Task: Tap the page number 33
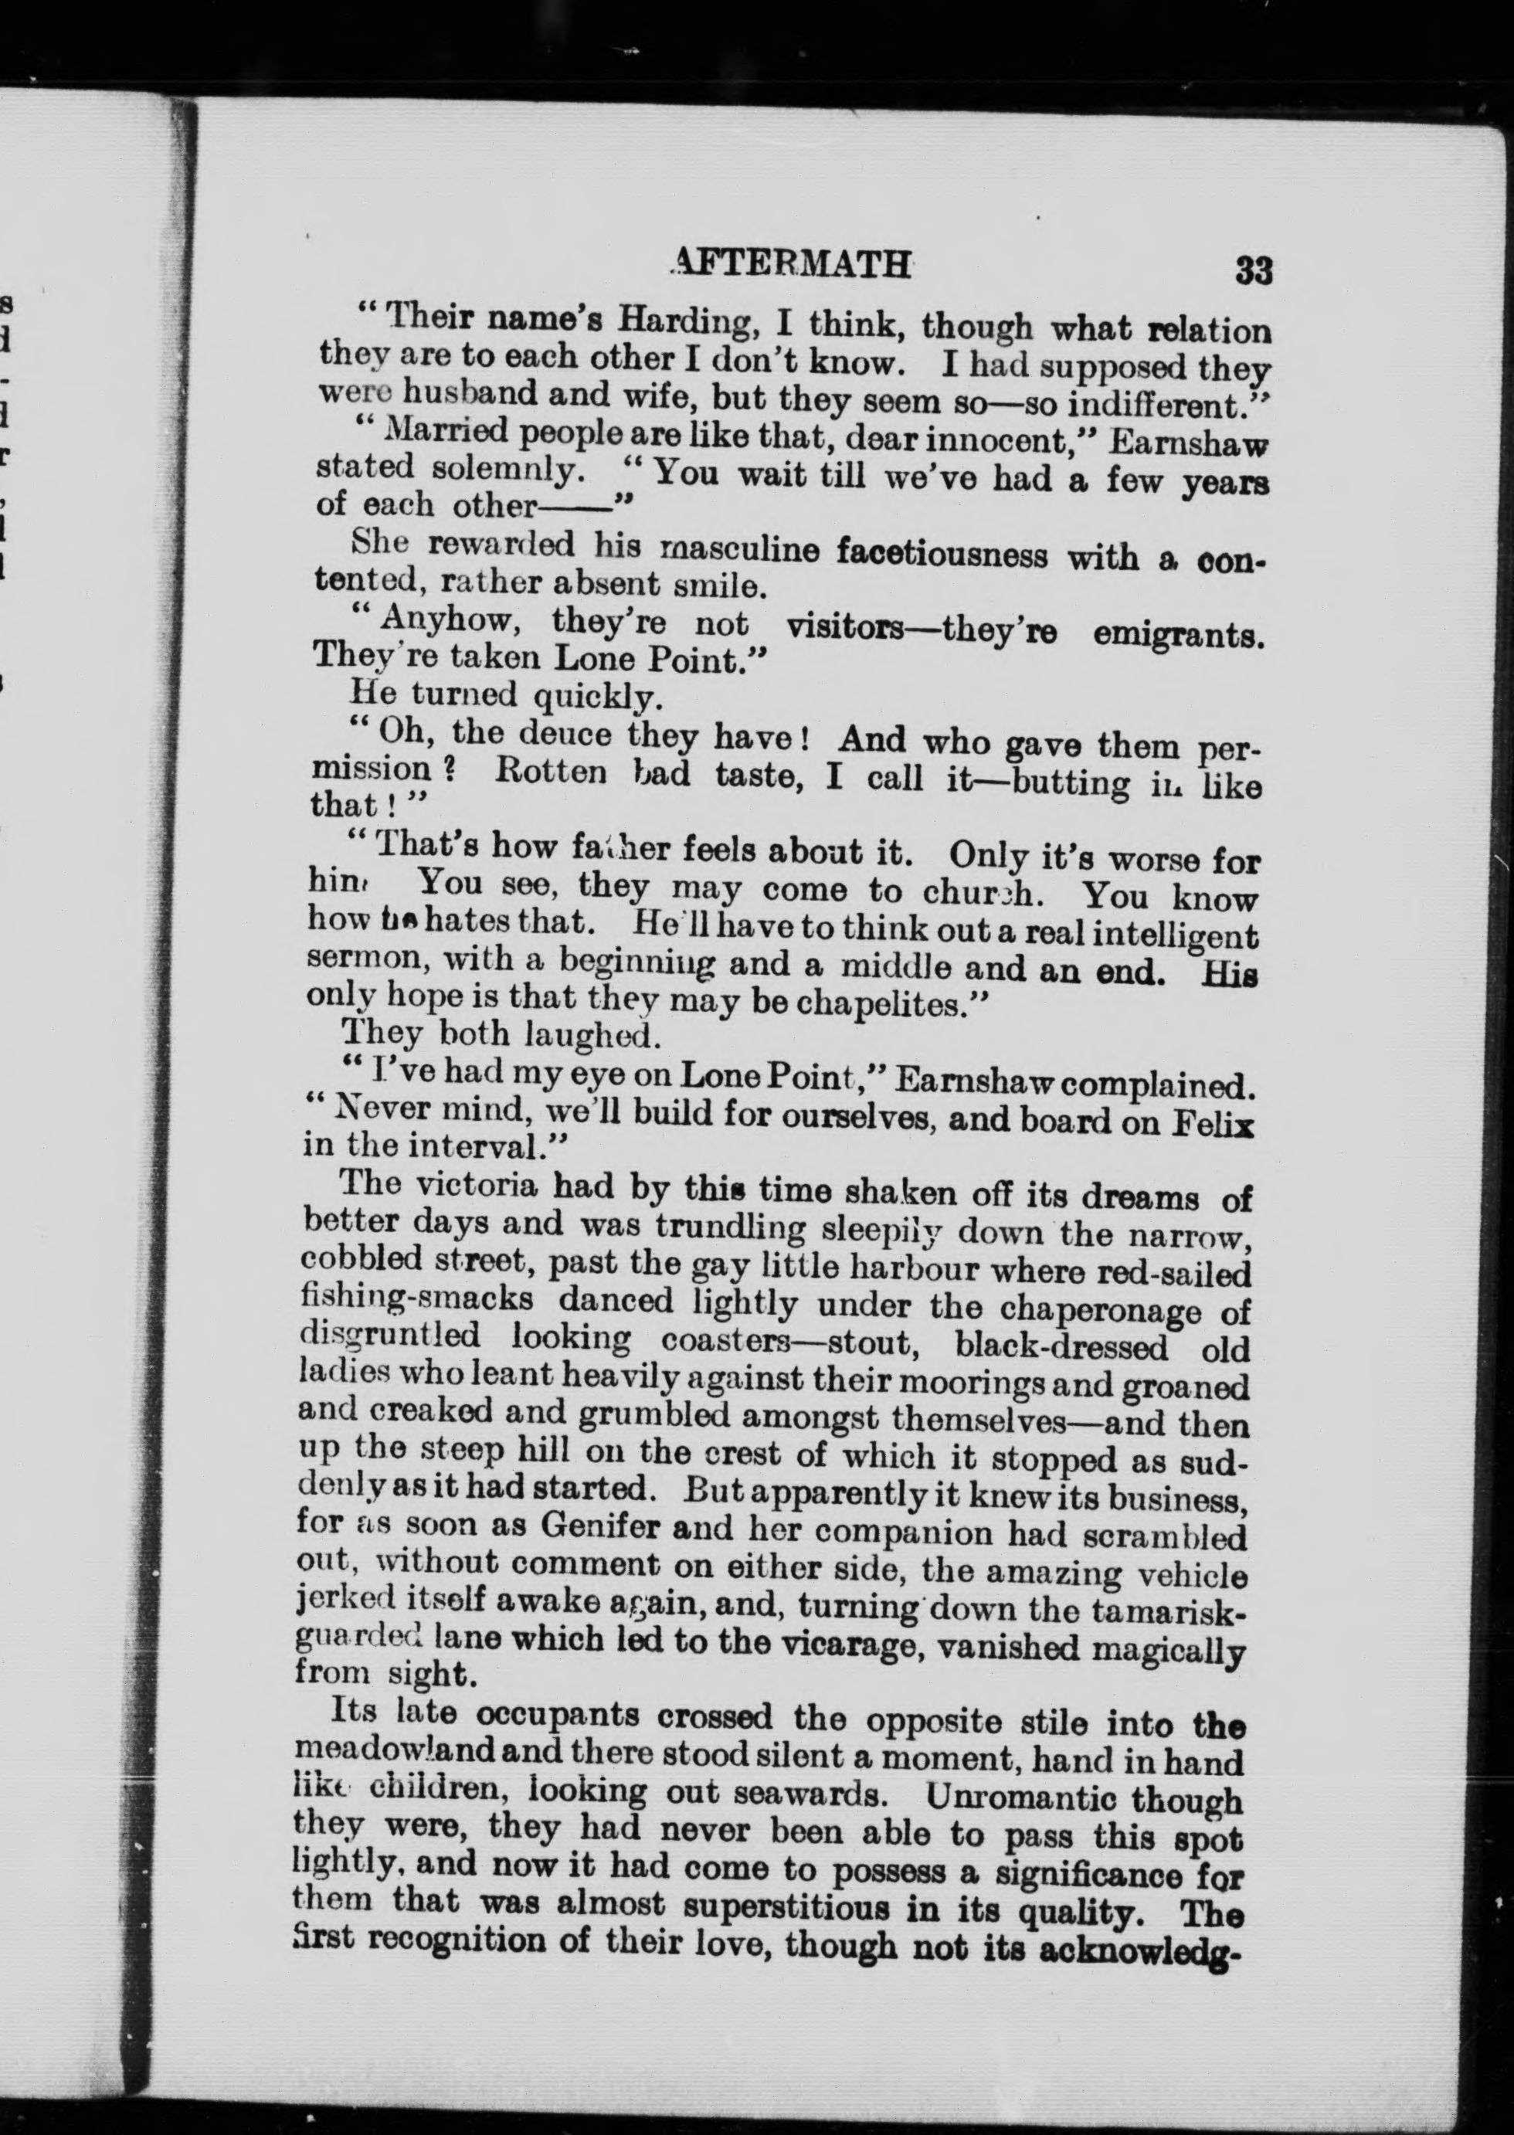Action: pyautogui.click(x=1253, y=271)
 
